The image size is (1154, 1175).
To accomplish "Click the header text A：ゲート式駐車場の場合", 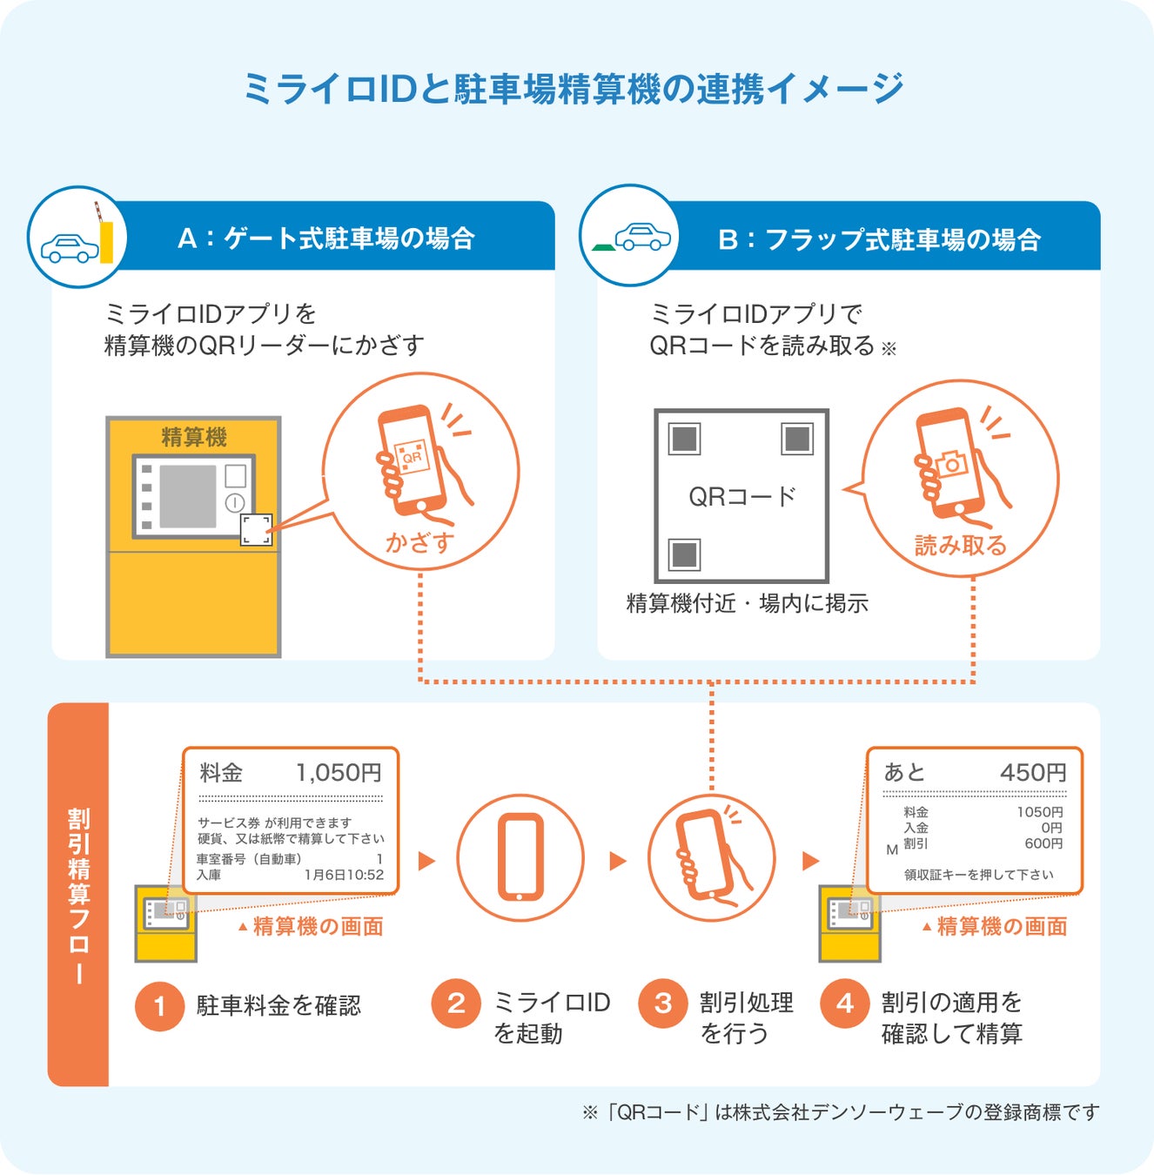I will (x=326, y=238).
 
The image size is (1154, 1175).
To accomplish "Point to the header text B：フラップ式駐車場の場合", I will (x=879, y=239).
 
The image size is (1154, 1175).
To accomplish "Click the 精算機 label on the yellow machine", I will (x=193, y=436).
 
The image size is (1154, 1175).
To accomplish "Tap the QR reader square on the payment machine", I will (x=256, y=529).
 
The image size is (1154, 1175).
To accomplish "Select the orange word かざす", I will (x=420, y=543).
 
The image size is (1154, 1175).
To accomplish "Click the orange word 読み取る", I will (x=961, y=546).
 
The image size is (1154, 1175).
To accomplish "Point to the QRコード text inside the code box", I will (x=741, y=496).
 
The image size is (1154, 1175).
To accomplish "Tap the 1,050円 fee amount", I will (x=339, y=772).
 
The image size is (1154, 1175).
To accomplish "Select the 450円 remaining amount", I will (x=1032, y=772).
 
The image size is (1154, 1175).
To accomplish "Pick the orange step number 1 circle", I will (x=159, y=1006).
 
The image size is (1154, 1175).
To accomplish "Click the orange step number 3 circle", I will (x=663, y=1004).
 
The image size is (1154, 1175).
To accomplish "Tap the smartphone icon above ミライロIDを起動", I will (x=520, y=857).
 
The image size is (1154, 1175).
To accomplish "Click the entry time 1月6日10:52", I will (x=344, y=875).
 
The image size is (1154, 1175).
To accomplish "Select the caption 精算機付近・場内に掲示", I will (x=747, y=603).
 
